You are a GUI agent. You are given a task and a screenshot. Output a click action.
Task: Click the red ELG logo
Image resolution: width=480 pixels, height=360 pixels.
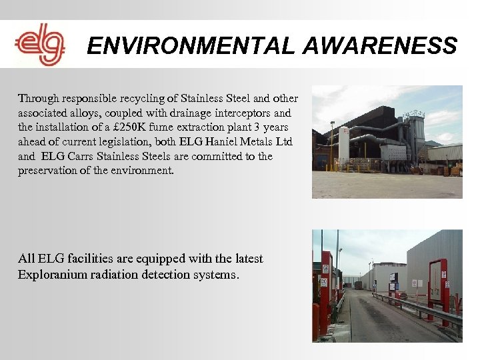(x=40, y=45)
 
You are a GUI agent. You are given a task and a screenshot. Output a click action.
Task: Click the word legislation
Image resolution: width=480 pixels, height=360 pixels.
(x=131, y=141)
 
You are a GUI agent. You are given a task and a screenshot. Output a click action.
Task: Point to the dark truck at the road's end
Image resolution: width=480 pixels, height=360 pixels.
(x=358, y=285)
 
